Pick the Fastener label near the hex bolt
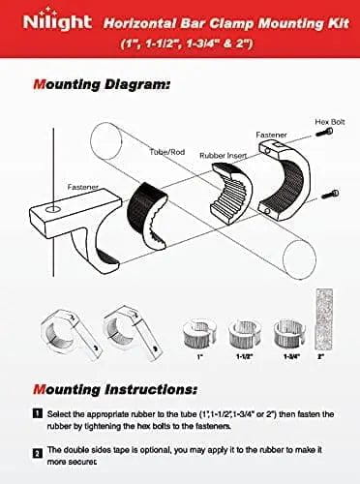(271, 136)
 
